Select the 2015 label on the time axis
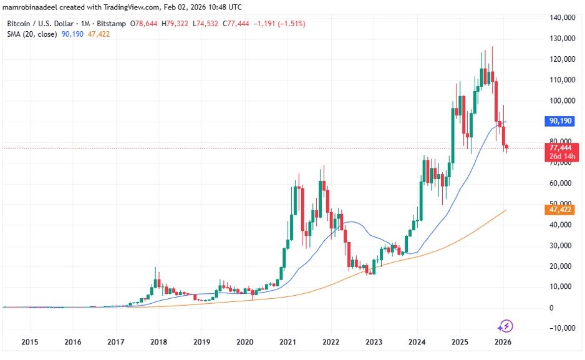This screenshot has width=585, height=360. [30, 343]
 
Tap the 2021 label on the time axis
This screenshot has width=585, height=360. [288, 343]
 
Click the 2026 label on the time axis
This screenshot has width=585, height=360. [503, 343]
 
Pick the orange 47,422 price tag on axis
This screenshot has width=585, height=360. [561, 210]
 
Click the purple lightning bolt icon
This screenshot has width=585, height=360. [506, 326]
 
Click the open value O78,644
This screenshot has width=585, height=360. [145, 23]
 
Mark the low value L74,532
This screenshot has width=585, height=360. [205, 23]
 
